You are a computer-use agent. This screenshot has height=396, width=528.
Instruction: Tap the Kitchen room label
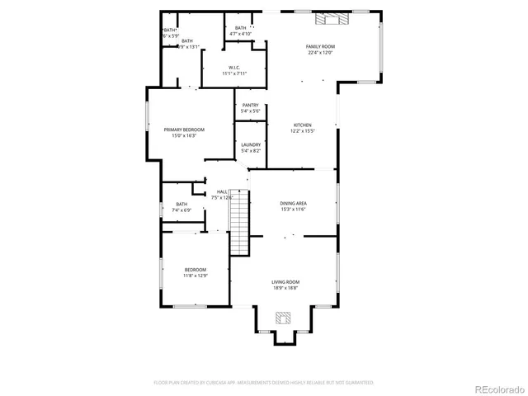pyautogui.click(x=301, y=125)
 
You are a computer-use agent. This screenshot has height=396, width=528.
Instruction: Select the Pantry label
pyautogui.click(x=251, y=106)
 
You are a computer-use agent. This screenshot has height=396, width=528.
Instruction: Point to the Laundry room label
pyautogui.click(x=251, y=145)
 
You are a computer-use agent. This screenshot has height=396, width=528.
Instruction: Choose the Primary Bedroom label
pyautogui.click(x=184, y=130)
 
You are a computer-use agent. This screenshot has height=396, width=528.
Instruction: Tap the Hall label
pyautogui.click(x=222, y=193)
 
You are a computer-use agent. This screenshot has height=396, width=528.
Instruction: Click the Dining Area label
pyautogui.click(x=294, y=203)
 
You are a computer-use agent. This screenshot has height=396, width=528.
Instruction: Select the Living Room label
pyautogui.click(x=285, y=282)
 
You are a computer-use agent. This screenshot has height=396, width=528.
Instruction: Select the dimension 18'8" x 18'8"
pyautogui.click(x=285, y=288)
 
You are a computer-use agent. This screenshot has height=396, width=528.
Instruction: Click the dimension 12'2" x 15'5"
pyautogui.click(x=301, y=131)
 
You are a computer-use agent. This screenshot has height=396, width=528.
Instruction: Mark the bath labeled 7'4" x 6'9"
pyautogui.click(x=181, y=207)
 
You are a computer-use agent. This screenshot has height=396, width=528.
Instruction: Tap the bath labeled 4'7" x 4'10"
pyautogui.click(x=240, y=31)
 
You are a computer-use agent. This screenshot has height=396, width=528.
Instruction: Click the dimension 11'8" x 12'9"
pyautogui.click(x=196, y=276)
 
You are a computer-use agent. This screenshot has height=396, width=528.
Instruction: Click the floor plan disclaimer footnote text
pyautogui.click(x=264, y=383)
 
